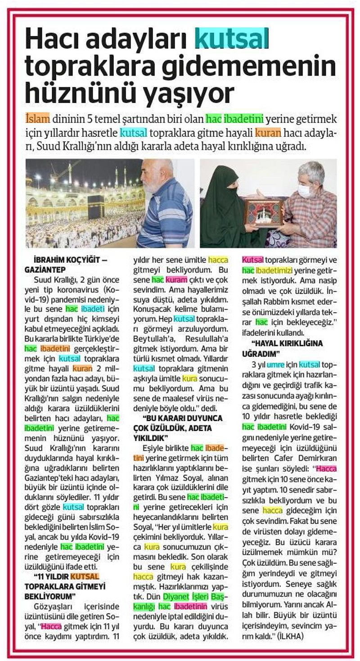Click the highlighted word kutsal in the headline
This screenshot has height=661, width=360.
click(231, 39)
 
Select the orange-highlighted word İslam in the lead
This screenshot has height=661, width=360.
click(38, 119)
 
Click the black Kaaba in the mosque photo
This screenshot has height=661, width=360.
click(95, 207)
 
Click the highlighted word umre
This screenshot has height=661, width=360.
click(275, 364)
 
